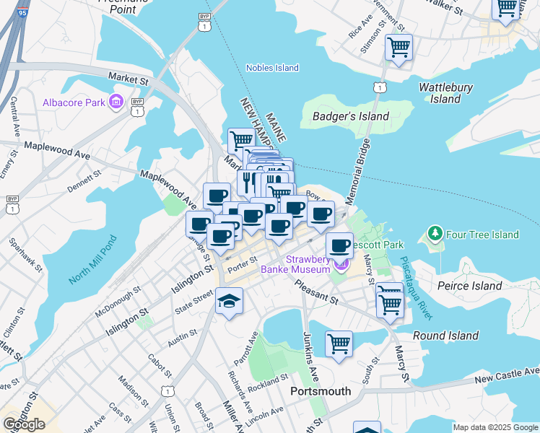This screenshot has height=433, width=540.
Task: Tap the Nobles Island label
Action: pos(272,68)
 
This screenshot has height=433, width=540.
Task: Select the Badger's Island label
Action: pos(350,116)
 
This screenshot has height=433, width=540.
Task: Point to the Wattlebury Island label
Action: pos(445,93)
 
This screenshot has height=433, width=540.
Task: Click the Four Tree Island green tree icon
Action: pos(435,234)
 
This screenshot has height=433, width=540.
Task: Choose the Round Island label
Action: pos(445,336)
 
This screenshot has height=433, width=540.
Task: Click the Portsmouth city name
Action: pos(320,391)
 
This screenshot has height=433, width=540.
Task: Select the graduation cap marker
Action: pos(229,301)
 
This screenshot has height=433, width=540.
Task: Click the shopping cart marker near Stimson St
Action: pos(399,48)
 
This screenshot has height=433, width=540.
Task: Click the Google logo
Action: pos(24,424)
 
